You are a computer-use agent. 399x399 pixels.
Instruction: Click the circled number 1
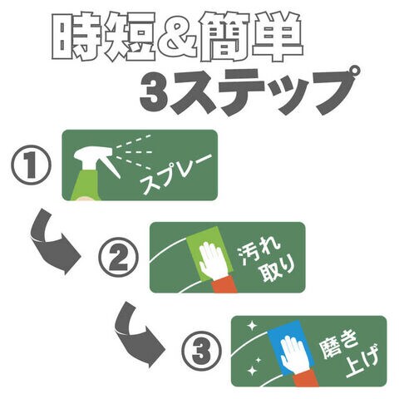point(31,165)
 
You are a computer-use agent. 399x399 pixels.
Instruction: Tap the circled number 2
point(119,257)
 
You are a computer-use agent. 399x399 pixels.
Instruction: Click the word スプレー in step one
point(176,173)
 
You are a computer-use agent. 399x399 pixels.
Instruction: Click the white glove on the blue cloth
point(293,354)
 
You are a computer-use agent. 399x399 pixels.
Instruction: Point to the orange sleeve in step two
point(225,284)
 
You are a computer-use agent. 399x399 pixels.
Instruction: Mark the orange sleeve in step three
point(306,377)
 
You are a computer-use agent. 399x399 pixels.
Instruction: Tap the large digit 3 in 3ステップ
point(154,94)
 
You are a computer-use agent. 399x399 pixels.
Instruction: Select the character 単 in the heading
point(277,37)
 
